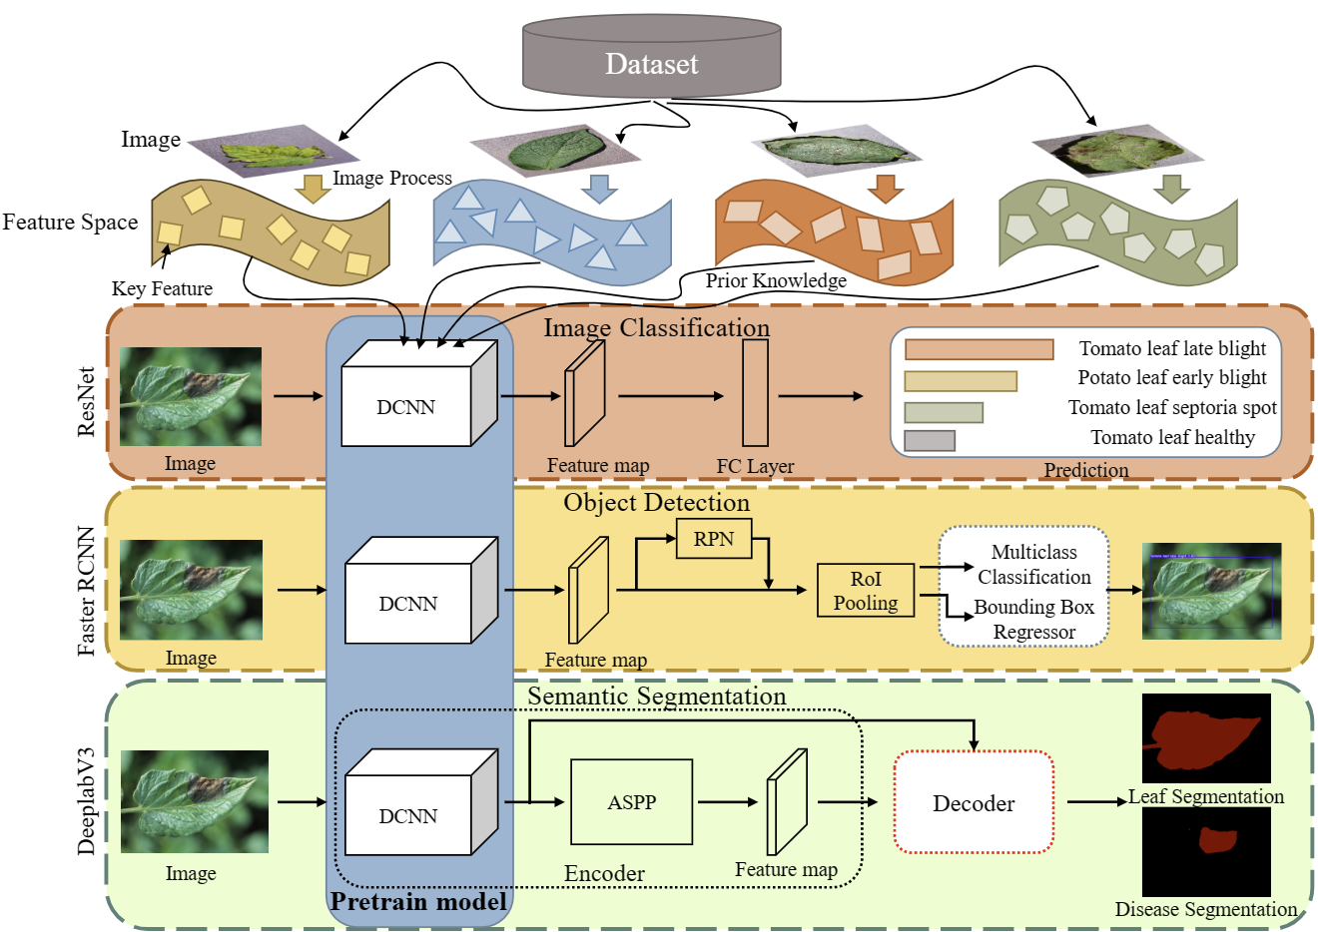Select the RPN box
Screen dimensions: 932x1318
(x=714, y=539)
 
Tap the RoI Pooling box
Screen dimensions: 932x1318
(x=866, y=591)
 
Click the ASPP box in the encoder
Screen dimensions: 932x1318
(x=631, y=802)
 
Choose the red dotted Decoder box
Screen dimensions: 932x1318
(x=974, y=803)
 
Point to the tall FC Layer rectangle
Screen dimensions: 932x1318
(x=755, y=393)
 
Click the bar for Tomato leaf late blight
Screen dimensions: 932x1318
(x=979, y=349)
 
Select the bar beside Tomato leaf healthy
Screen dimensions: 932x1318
(x=930, y=440)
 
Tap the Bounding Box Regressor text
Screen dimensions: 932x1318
(x=1033, y=620)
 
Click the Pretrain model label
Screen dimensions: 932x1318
(x=418, y=902)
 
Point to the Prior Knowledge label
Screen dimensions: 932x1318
(x=776, y=280)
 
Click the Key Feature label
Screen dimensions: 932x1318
(x=162, y=288)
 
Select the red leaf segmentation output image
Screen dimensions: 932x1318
(x=1206, y=738)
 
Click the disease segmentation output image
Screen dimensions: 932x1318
(x=1206, y=851)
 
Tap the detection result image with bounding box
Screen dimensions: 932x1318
(x=1211, y=591)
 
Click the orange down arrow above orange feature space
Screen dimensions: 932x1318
(x=885, y=188)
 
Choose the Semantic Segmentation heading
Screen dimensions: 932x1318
(x=656, y=696)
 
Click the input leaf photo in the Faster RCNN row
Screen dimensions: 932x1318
(x=191, y=590)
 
